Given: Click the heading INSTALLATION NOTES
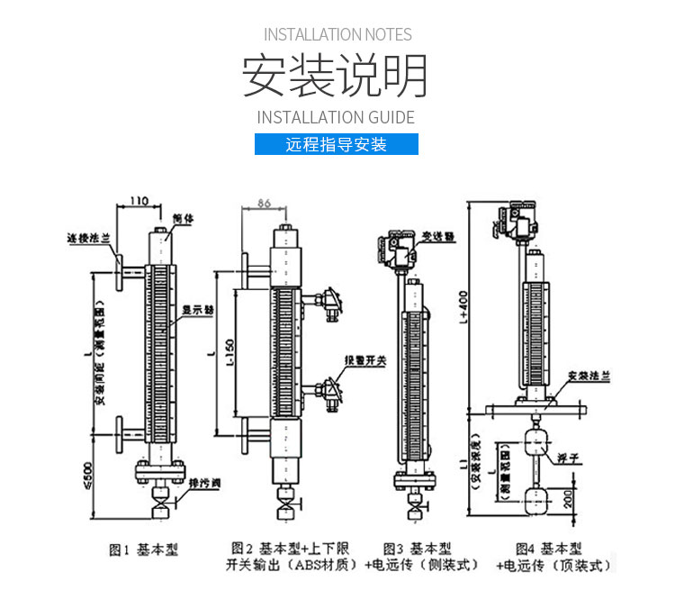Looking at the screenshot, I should tap(337, 35).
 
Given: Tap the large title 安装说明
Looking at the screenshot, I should tap(336, 77).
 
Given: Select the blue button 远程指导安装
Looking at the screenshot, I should tap(337, 144).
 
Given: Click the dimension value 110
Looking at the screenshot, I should tap(139, 201).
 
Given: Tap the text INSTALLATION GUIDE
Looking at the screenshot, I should tap(336, 117).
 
